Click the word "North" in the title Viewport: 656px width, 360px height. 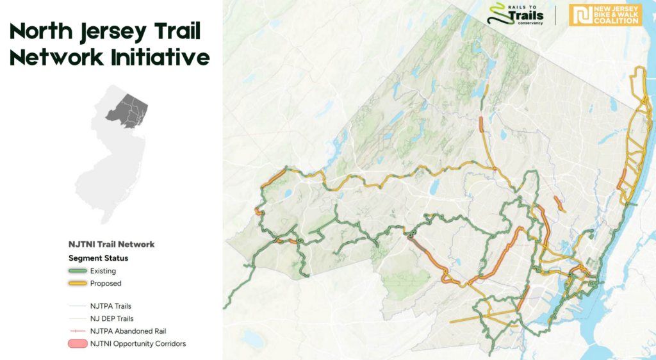pos(45,30)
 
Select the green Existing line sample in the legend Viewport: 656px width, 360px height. pos(78,272)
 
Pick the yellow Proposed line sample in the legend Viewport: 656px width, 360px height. pos(78,283)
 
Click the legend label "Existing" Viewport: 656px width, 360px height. pos(103,272)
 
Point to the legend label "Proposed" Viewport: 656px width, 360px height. pos(106,283)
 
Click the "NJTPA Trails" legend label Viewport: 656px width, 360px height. pos(111,306)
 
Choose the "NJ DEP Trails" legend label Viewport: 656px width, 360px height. pos(112,318)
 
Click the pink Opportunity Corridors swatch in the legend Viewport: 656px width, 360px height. pos(78,344)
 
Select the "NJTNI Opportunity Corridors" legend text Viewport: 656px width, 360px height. pos(138,344)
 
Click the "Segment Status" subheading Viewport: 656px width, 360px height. pos(98,258)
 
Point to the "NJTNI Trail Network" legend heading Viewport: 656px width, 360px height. pos(111,244)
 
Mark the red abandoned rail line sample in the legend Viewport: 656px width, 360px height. pos(78,331)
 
